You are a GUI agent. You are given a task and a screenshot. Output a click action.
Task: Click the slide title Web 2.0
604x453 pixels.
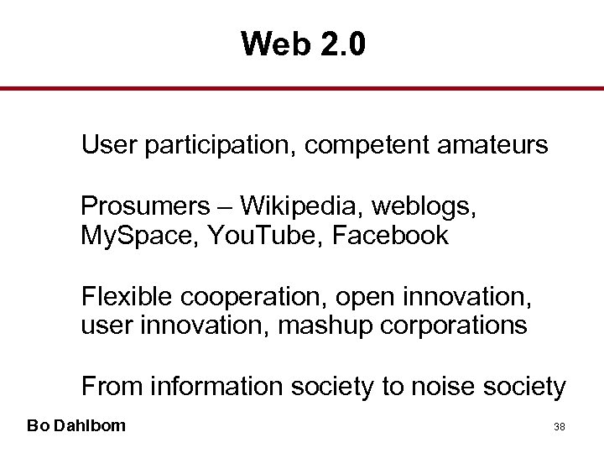303,44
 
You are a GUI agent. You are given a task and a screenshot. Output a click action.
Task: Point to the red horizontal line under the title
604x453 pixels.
302,89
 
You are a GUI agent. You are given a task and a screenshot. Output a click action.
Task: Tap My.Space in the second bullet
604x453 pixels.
136,236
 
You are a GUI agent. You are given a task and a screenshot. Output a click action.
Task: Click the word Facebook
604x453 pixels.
390,236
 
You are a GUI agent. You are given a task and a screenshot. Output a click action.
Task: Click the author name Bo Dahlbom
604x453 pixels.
76,425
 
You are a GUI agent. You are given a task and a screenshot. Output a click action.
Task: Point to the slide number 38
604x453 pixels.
559,426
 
